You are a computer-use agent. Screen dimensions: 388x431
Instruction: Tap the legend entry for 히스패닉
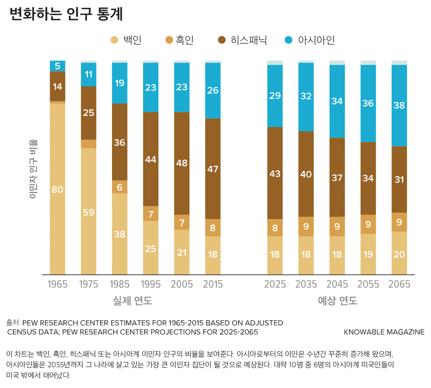click(x=243, y=40)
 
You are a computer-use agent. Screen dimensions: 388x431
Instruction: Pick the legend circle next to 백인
click(x=114, y=40)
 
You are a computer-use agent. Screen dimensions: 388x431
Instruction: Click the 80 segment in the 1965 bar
click(x=57, y=189)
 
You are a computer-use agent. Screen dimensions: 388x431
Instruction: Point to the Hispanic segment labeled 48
click(x=182, y=163)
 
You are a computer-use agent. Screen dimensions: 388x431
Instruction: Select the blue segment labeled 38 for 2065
click(x=399, y=105)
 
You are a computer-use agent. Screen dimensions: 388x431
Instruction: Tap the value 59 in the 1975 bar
click(x=89, y=212)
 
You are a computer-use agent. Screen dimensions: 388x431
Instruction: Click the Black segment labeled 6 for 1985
click(x=120, y=187)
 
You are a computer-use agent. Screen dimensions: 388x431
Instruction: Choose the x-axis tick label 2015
click(x=213, y=284)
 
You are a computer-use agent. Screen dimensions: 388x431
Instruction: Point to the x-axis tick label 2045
click(x=337, y=284)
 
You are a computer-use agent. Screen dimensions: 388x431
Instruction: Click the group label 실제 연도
click(x=133, y=301)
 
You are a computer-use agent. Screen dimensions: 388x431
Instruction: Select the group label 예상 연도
click(x=337, y=301)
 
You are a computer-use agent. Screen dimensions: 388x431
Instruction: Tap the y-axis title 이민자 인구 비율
click(x=33, y=169)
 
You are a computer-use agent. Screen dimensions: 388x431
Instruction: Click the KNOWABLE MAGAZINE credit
click(x=384, y=332)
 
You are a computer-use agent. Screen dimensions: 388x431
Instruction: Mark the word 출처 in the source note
click(x=13, y=323)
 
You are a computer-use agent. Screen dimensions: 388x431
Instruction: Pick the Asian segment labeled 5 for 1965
click(x=57, y=66)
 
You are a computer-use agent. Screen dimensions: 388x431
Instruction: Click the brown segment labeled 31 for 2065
click(x=399, y=180)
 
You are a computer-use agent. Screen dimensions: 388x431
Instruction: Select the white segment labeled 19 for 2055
click(x=368, y=254)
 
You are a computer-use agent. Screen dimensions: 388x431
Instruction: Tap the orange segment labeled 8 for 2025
click(x=275, y=228)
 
